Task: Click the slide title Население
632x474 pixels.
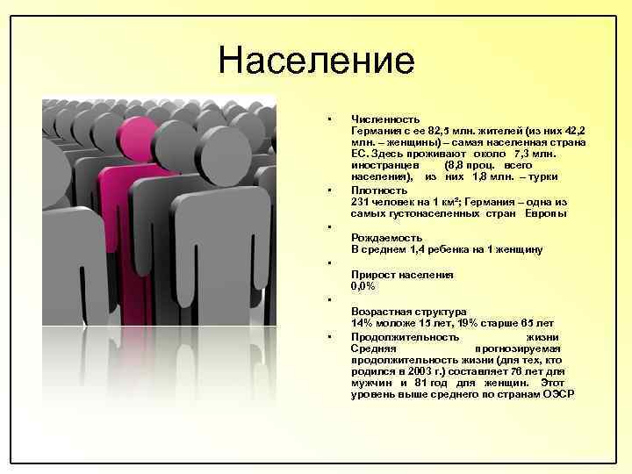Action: (316, 61)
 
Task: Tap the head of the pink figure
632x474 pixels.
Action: (137, 139)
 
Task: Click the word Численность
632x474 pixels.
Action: (385, 118)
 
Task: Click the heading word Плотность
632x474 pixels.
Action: (379, 190)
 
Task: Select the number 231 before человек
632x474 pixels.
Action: (360, 201)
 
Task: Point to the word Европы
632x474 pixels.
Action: (546, 213)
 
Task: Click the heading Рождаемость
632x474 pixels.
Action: (386, 237)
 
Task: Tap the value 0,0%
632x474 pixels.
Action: (363, 286)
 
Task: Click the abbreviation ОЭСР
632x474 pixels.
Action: (557, 395)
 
